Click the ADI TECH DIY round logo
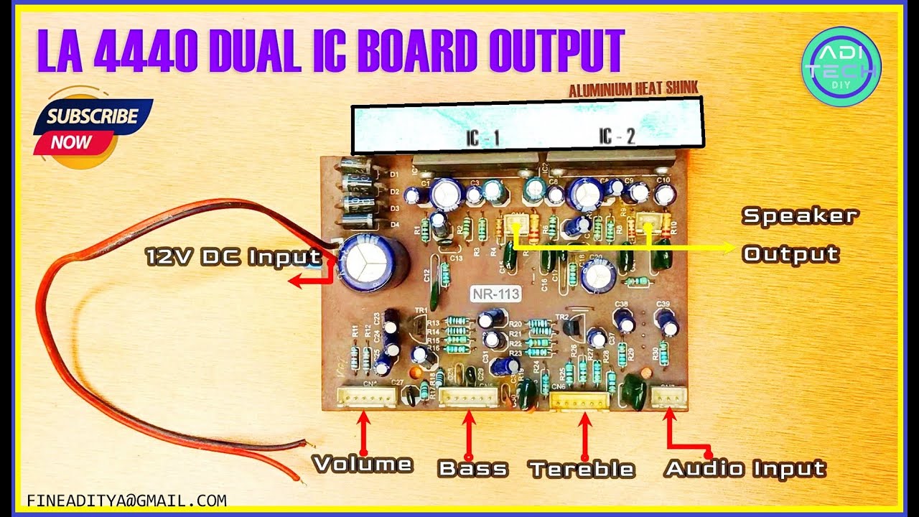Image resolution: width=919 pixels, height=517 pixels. [x=841, y=67]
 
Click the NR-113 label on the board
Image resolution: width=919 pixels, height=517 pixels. [x=495, y=294]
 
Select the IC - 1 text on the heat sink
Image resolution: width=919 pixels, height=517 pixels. [x=482, y=137]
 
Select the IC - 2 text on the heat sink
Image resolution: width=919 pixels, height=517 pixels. [x=617, y=136]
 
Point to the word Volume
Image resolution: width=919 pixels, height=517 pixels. [x=363, y=464]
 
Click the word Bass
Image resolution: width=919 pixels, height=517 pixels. [x=472, y=469]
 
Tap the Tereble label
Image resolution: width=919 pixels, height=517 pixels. [x=582, y=470]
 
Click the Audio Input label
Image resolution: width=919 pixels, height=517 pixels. [x=745, y=468]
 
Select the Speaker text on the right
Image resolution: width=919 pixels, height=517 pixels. [x=800, y=215]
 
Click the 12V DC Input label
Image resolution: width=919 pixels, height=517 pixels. [x=233, y=256]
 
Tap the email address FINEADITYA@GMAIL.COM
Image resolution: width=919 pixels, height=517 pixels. [x=126, y=500]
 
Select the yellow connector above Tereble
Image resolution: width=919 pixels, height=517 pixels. [x=579, y=401]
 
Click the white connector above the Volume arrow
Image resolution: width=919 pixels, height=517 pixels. [x=367, y=396]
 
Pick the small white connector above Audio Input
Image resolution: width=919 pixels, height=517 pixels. [x=668, y=396]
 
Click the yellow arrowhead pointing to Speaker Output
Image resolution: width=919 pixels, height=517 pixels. [x=729, y=248]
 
